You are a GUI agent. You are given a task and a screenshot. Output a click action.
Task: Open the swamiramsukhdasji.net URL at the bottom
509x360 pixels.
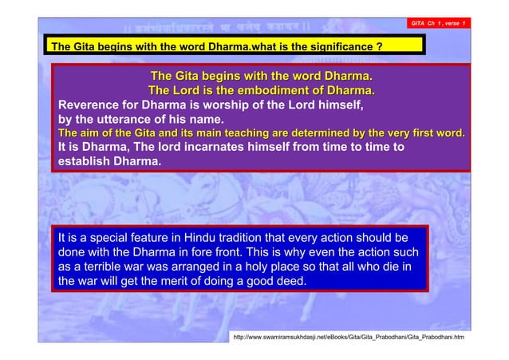point(349,338)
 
